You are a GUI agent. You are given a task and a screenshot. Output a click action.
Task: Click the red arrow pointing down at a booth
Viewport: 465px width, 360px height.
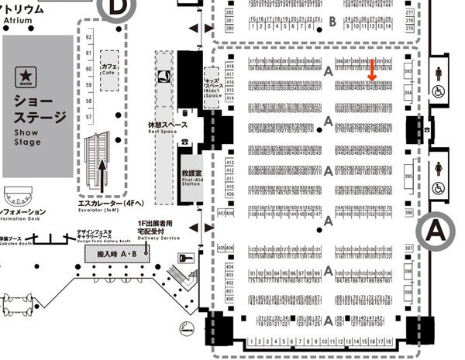[373, 69]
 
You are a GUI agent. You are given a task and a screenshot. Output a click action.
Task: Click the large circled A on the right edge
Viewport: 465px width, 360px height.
[439, 229]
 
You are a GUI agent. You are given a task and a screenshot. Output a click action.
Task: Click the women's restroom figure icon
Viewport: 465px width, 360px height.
[439, 170]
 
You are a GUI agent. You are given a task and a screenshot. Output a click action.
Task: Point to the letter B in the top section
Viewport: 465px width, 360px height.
[332, 21]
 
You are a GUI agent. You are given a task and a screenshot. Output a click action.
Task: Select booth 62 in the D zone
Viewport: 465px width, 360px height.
[89, 36]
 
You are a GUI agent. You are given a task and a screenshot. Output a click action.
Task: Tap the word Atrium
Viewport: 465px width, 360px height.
[16, 19]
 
